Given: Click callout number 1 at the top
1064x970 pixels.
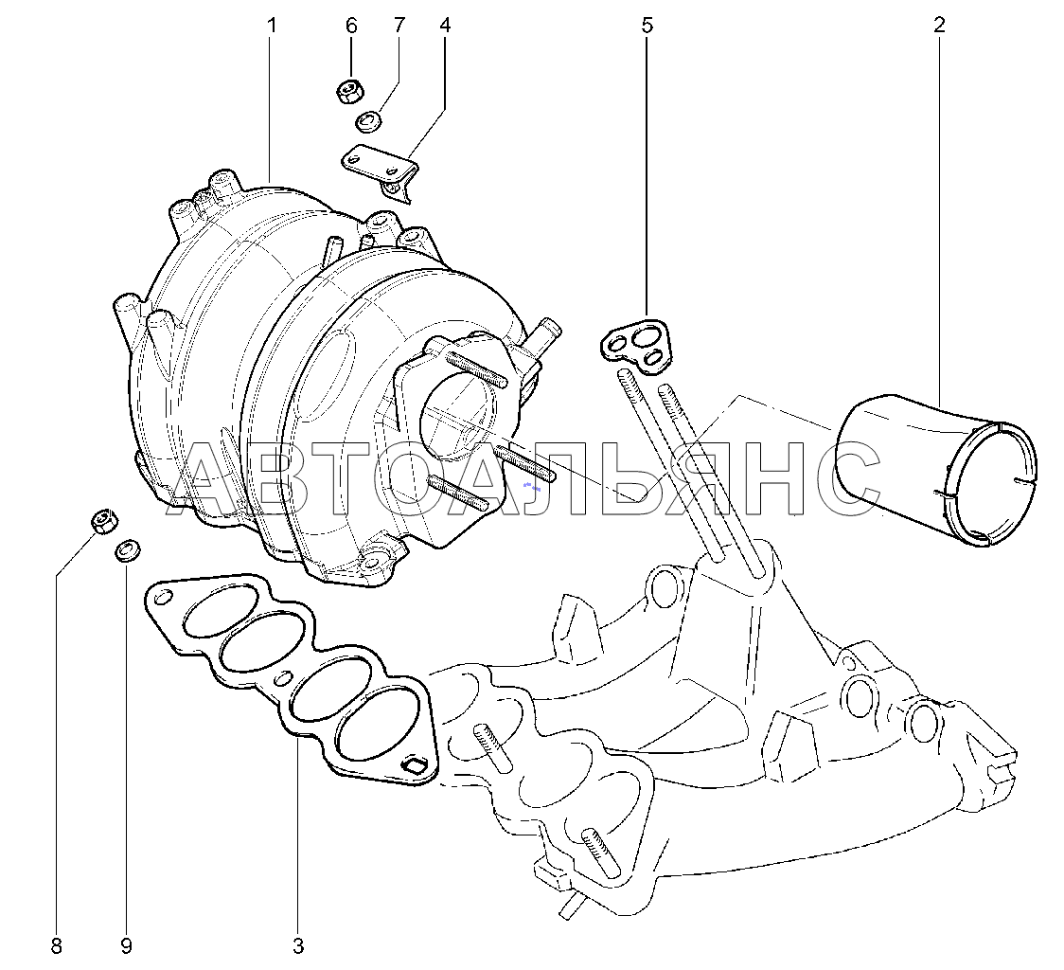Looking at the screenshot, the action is [272, 26].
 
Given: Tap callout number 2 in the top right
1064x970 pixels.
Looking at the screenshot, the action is [939, 26].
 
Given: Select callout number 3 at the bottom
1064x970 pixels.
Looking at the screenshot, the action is [298, 944].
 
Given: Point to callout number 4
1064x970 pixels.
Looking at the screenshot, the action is [445, 26].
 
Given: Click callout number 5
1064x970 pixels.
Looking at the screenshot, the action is [647, 26].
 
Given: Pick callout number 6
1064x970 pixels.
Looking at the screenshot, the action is [351, 26].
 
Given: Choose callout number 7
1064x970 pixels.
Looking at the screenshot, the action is [399, 26].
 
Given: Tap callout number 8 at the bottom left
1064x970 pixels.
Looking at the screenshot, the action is [56, 944].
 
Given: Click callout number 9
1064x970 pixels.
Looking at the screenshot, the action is [126, 944].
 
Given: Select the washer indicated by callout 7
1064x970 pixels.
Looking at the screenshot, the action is [369, 121].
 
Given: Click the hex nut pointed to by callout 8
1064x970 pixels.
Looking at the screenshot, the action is [104, 521].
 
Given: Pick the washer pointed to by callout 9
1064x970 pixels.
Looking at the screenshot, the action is [128, 551].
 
